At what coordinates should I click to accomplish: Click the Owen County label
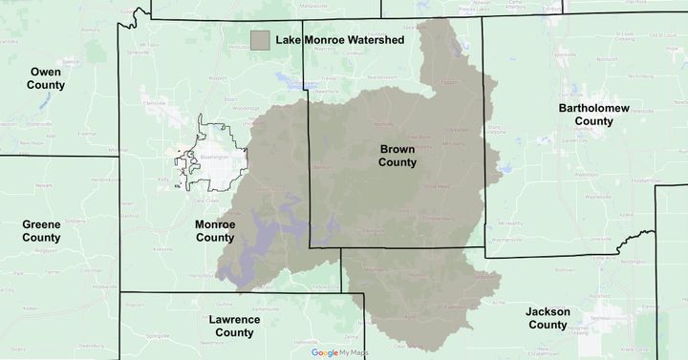(x=46, y=78)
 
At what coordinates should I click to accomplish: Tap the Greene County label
(x=41, y=230)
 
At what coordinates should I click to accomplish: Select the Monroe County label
(x=214, y=230)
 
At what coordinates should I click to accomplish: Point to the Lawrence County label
(x=234, y=326)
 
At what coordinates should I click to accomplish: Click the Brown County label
(x=398, y=156)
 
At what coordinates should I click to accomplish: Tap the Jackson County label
(x=548, y=318)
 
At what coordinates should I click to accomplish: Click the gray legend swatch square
(x=260, y=40)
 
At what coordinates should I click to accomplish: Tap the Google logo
(x=324, y=353)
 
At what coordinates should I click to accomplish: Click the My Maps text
(x=354, y=353)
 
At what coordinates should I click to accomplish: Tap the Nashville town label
(x=383, y=124)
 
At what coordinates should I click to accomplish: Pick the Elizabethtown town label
(x=634, y=179)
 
